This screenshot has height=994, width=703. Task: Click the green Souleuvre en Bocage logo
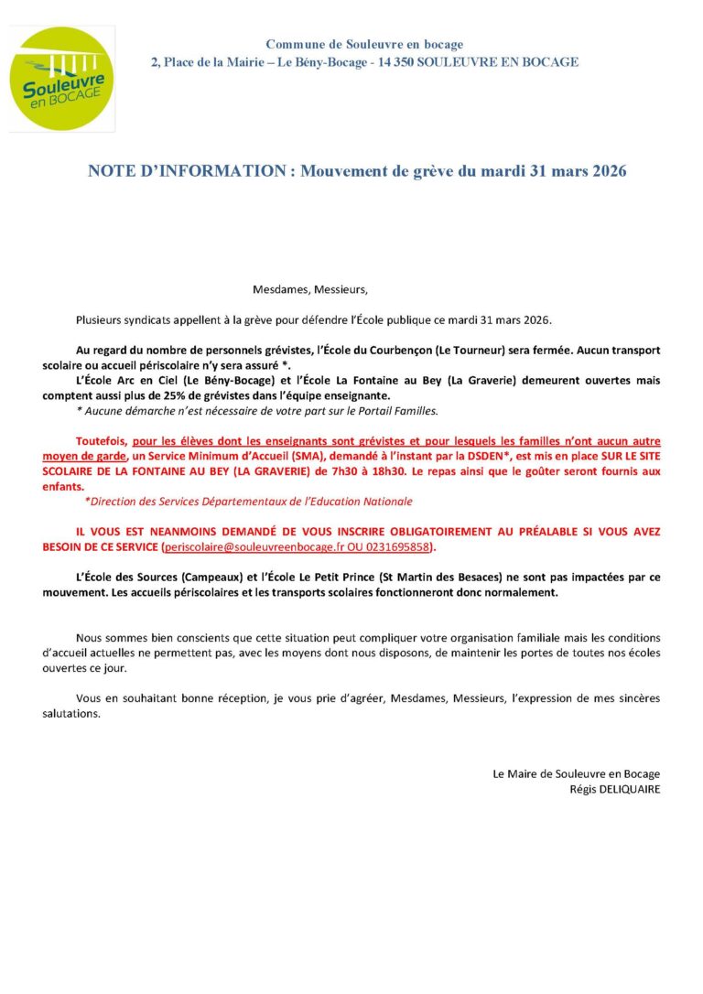(63, 79)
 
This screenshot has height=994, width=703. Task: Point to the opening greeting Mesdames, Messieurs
(309, 290)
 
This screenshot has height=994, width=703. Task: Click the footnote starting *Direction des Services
(248, 502)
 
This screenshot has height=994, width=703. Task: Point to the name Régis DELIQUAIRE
(614, 789)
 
